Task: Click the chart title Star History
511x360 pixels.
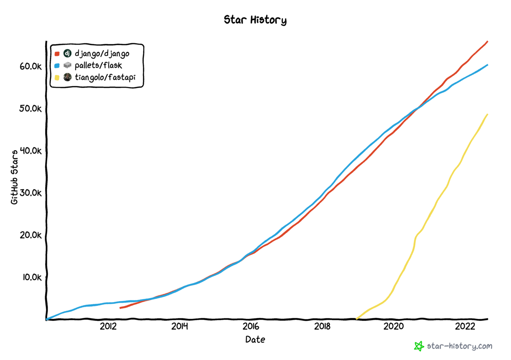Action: (x=255, y=20)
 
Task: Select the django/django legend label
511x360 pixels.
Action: (x=102, y=54)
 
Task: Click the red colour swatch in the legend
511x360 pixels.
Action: (x=57, y=54)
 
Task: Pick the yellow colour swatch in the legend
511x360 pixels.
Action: (x=57, y=77)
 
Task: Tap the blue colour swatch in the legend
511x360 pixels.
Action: (x=57, y=66)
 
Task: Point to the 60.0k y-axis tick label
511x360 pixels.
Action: (x=29, y=67)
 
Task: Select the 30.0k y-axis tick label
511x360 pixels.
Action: (x=29, y=193)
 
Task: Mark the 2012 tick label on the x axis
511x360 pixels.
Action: (x=108, y=326)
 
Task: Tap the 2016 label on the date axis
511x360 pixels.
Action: (x=250, y=326)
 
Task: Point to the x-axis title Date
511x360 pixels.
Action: (x=255, y=340)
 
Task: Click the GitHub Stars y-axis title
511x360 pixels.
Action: (x=15, y=177)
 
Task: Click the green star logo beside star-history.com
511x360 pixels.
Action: (x=419, y=346)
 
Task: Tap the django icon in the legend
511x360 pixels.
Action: (x=67, y=54)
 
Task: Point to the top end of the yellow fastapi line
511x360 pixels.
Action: (x=487, y=114)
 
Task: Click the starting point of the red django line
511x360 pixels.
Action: (x=121, y=308)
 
